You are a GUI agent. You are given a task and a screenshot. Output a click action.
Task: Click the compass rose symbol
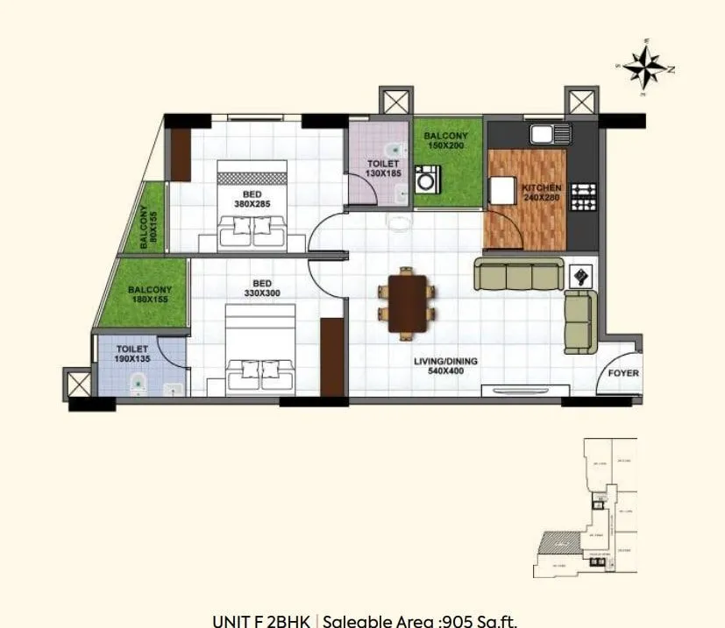point(648,67)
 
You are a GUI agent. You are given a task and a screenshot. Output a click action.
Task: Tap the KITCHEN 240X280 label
point(542,194)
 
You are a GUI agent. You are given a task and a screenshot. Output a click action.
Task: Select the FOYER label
point(622,373)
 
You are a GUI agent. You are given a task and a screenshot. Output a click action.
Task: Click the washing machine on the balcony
point(427,181)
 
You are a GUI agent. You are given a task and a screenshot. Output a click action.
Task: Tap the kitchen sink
point(551,133)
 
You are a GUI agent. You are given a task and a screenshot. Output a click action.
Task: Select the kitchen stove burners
point(583,196)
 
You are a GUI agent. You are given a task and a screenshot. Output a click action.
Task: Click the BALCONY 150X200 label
point(445,141)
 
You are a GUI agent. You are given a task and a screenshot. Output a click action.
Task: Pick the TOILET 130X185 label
point(382,169)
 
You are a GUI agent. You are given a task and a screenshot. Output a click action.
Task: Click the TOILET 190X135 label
point(131,354)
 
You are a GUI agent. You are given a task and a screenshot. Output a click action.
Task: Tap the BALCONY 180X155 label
point(149,294)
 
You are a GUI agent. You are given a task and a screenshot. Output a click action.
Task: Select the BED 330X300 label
point(261,288)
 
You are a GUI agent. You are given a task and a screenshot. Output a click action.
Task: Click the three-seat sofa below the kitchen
point(519,274)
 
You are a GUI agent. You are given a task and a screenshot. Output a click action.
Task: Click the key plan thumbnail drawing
point(585,508)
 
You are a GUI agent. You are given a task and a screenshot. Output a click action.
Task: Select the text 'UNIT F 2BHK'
point(260,621)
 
